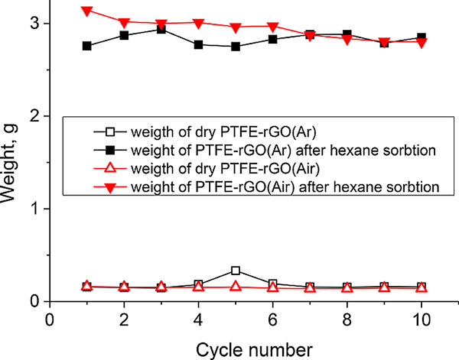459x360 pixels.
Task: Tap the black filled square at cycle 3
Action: point(161,29)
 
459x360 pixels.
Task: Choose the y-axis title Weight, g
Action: point(11,164)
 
